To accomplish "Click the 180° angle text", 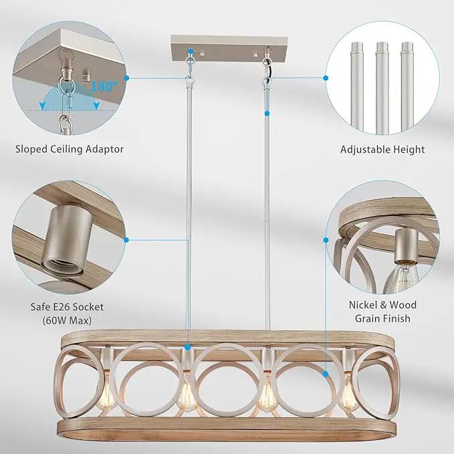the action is click(x=104, y=86).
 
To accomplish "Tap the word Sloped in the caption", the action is click(x=32, y=149).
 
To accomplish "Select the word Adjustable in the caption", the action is click(x=365, y=149).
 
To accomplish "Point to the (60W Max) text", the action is click(x=67, y=320).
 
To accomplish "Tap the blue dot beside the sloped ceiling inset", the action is click(x=126, y=78).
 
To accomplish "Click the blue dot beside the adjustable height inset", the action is click(x=326, y=78).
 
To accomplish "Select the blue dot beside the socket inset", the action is click(x=126, y=240).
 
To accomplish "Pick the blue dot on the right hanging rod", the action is click(x=267, y=114).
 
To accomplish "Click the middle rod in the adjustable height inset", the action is click(x=382, y=88).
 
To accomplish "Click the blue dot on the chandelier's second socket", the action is click(x=188, y=346).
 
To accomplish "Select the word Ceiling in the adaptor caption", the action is click(x=67, y=149).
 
